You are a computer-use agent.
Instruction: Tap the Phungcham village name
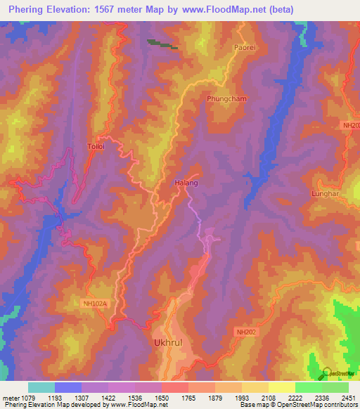[226, 99]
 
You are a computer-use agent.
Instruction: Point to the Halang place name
[186, 183]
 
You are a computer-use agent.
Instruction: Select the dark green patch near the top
[162, 44]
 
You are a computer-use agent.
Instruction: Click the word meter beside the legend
[9, 398]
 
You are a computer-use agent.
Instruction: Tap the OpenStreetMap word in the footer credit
[307, 405]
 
